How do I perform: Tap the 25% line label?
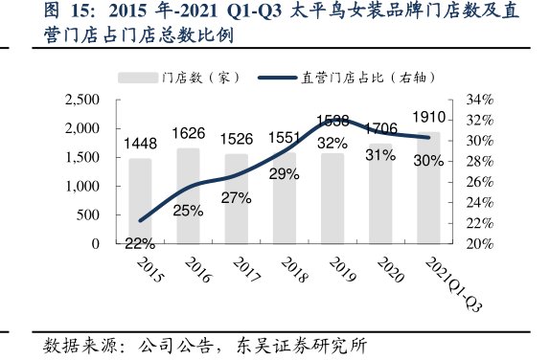[188, 211]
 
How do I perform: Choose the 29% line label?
[284, 175]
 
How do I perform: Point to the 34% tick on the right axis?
[479, 100]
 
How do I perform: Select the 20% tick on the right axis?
[479, 244]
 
